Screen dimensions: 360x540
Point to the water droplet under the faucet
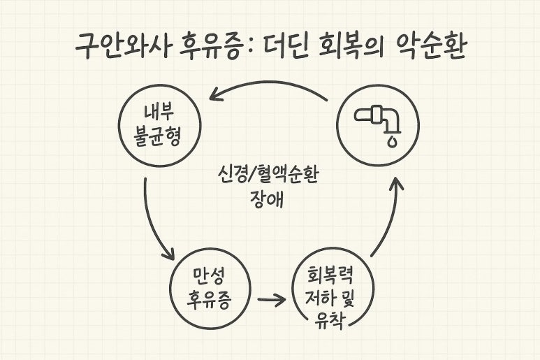point(392,141)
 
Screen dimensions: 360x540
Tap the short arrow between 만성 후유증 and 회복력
point(271,301)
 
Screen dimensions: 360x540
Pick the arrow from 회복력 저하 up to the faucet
point(390,217)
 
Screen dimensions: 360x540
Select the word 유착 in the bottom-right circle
point(329,320)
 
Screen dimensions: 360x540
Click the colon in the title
point(250,49)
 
